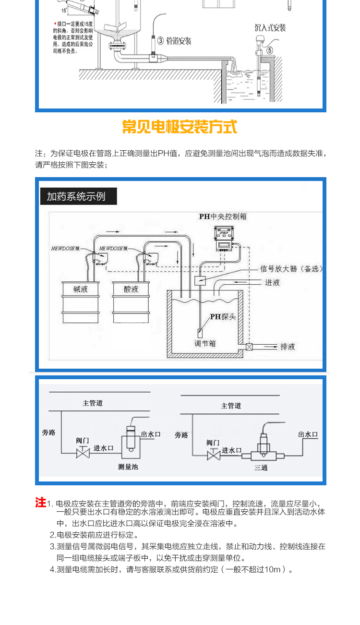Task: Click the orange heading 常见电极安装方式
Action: pos(180,127)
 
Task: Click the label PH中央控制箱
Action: pos(223,217)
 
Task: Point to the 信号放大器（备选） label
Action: pos(291,269)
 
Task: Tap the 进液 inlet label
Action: pos(272,283)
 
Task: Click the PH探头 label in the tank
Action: pos(222,317)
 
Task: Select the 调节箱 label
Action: pos(205,343)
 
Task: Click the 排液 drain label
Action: pos(288,347)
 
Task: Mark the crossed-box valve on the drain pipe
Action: pos(250,347)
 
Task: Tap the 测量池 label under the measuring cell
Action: pos(128,466)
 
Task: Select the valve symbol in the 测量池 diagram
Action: pos(83,453)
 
